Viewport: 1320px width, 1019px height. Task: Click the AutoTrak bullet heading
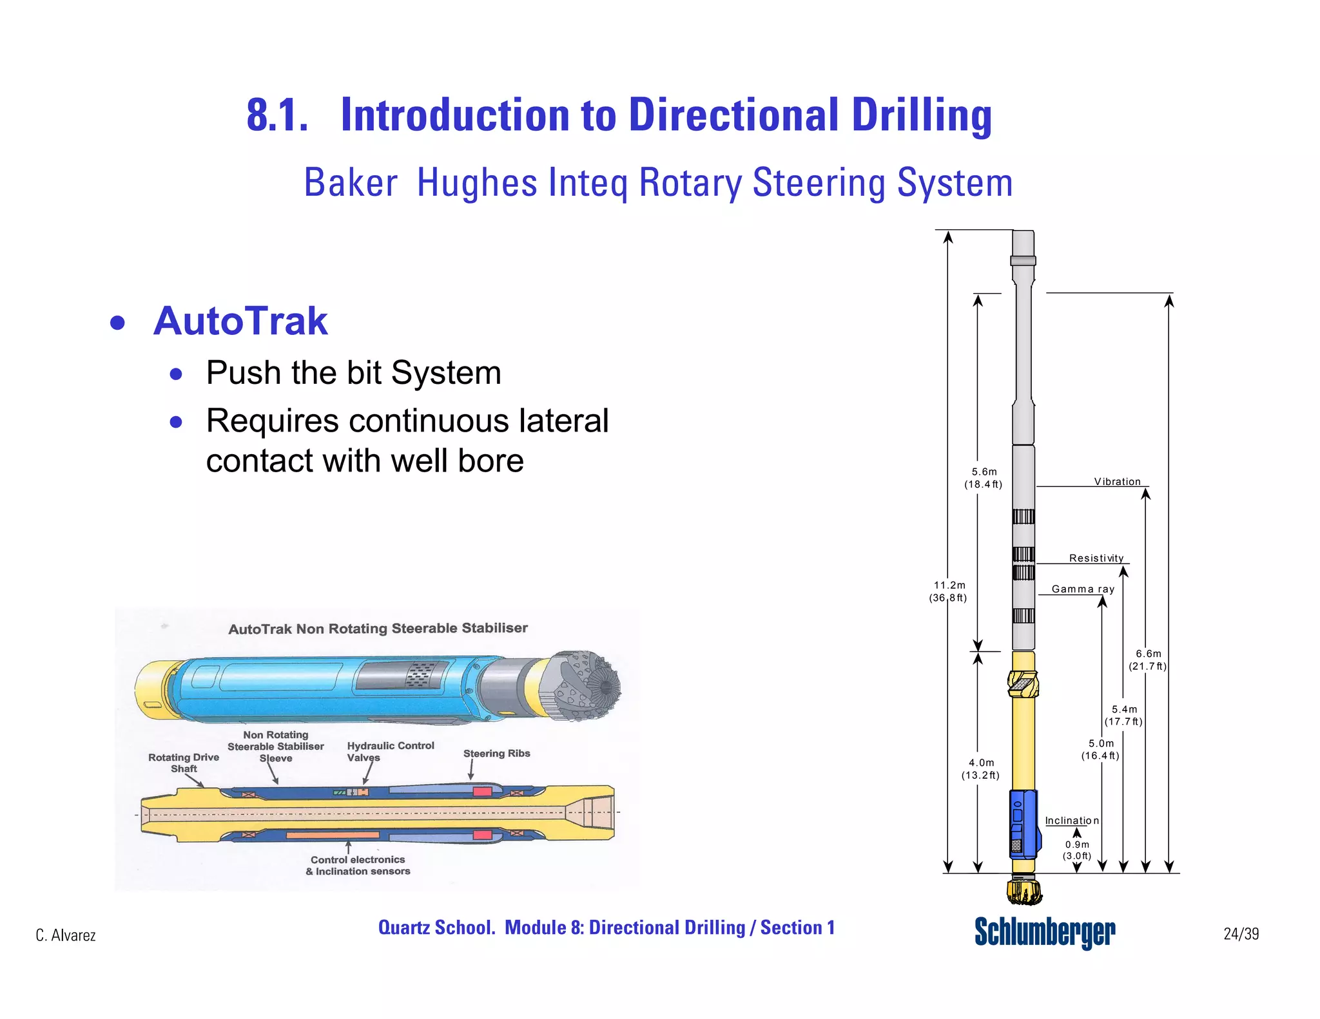click(240, 321)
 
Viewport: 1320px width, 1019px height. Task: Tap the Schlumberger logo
click(1044, 931)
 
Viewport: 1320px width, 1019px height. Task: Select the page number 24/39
click(1241, 934)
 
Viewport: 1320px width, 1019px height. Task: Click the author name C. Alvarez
click(66, 935)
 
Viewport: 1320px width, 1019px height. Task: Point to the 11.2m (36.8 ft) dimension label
click(949, 591)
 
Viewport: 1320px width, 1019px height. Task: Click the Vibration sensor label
click(1117, 482)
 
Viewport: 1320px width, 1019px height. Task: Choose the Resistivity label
click(1096, 558)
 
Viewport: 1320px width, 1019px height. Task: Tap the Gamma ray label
click(1083, 589)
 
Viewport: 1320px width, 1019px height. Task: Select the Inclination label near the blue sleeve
click(1071, 821)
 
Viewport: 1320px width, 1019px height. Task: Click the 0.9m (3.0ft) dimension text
click(1077, 850)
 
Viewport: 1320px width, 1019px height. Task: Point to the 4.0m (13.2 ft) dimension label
click(981, 768)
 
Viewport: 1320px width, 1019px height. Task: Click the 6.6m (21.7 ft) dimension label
click(1148, 660)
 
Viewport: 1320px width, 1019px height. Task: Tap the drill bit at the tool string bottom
click(1024, 891)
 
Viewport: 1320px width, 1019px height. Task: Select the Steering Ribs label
click(496, 753)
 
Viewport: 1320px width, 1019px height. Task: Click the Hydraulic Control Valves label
click(390, 751)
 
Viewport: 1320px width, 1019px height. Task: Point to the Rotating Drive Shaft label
click(184, 763)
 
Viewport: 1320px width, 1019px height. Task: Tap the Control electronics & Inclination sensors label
click(358, 865)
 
